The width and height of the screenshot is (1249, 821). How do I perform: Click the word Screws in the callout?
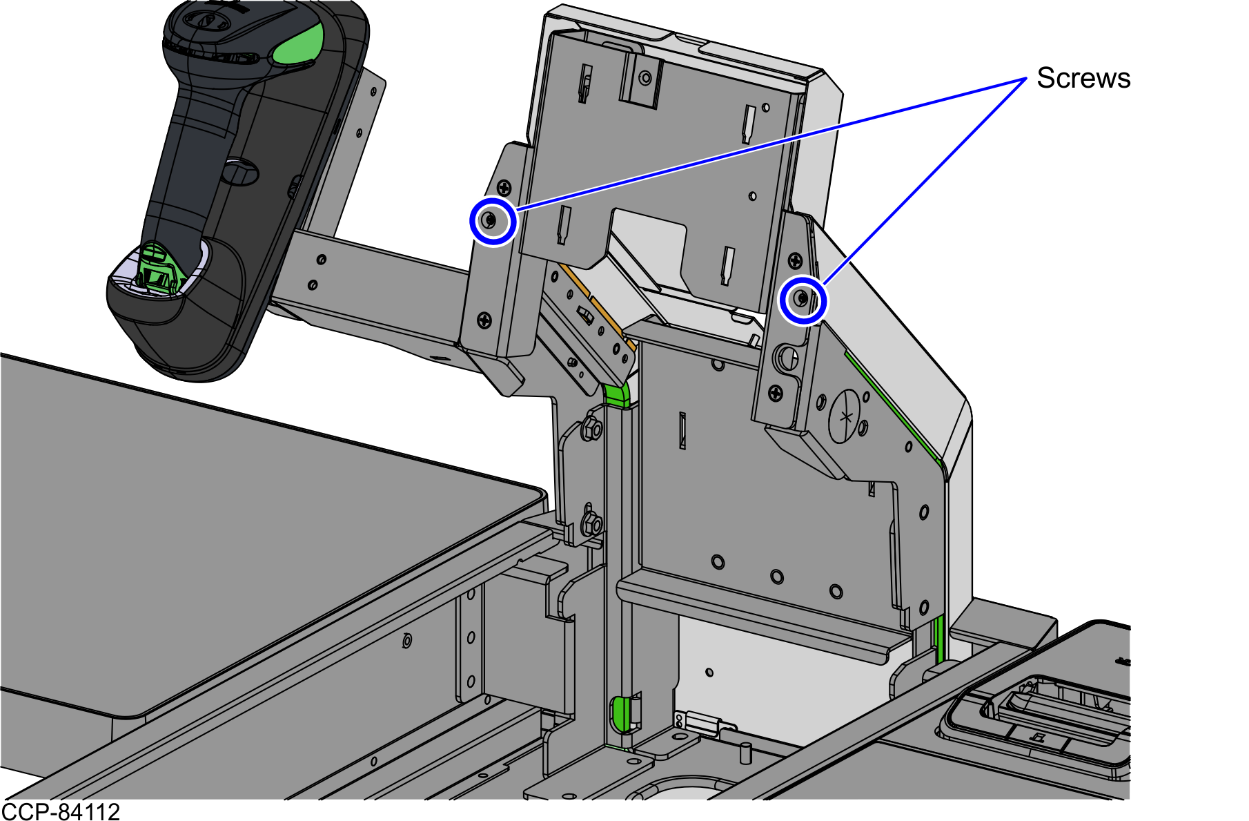[x=1083, y=78]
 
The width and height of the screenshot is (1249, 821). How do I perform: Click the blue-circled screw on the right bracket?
[x=802, y=299]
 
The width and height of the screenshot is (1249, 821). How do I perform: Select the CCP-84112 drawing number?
[x=61, y=811]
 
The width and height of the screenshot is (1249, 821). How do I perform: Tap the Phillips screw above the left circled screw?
[x=505, y=187]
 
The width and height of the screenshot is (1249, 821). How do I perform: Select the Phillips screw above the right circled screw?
[x=796, y=260]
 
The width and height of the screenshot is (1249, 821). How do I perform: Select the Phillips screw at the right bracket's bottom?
[x=776, y=394]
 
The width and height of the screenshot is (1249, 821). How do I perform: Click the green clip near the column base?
[x=621, y=713]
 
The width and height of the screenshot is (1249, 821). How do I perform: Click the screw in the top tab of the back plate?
[x=645, y=78]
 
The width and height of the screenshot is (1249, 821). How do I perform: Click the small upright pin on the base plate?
[x=745, y=753]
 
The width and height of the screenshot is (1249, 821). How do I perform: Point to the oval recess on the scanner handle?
[x=239, y=169]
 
